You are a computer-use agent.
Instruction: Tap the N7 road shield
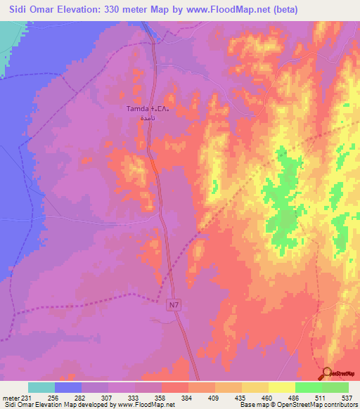[x=175, y=305]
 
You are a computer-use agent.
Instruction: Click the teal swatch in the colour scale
[x=41, y=387]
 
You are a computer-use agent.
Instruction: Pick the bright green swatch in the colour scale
[x=308, y=387]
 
